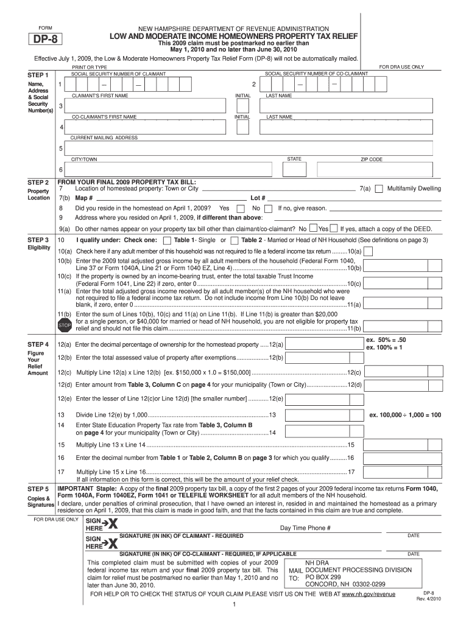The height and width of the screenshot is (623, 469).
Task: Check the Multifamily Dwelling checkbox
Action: (x=379, y=189)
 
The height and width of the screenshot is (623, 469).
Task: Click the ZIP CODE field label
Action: (x=371, y=159)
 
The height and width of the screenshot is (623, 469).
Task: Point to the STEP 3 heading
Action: (x=38, y=240)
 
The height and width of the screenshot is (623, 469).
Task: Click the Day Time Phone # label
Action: (x=305, y=528)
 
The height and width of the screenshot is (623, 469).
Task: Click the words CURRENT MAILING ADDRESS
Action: (x=104, y=138)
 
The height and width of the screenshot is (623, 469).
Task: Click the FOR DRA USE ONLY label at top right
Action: (x=401, y=66)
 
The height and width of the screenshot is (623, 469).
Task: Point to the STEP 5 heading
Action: (x=38, y=489)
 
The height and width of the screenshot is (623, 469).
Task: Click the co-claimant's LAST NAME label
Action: (x=280, y=117)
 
